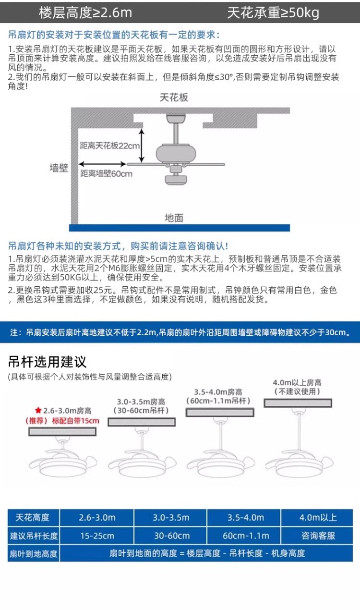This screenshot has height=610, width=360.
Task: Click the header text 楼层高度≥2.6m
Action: tap(85, 12)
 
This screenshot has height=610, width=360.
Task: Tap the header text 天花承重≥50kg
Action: tap(273, 12)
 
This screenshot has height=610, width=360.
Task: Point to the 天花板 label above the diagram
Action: tap(174, 98)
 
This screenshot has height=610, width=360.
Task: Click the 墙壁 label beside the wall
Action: tap(59, 168)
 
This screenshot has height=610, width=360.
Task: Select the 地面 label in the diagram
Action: tap(174, 218)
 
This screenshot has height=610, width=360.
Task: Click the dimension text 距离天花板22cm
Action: tap(109, 146)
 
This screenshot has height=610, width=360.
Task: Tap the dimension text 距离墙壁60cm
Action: tap(106, 173)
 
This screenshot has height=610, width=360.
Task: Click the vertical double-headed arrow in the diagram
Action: tap(141, 145)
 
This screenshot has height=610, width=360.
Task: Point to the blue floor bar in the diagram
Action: tap(180, 227)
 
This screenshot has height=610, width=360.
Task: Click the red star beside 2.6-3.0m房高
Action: tap(38, 410)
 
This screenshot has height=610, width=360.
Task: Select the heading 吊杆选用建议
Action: tap(47, 362)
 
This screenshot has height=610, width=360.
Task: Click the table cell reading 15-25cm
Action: tap(97, 536)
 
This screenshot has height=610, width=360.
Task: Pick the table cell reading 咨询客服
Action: tap(318, 536)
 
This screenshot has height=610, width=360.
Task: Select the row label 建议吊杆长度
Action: tap(34, 536)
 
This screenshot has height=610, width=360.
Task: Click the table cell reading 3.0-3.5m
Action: tap(171, 517)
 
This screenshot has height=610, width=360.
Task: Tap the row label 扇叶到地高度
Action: tap(34, 553)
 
